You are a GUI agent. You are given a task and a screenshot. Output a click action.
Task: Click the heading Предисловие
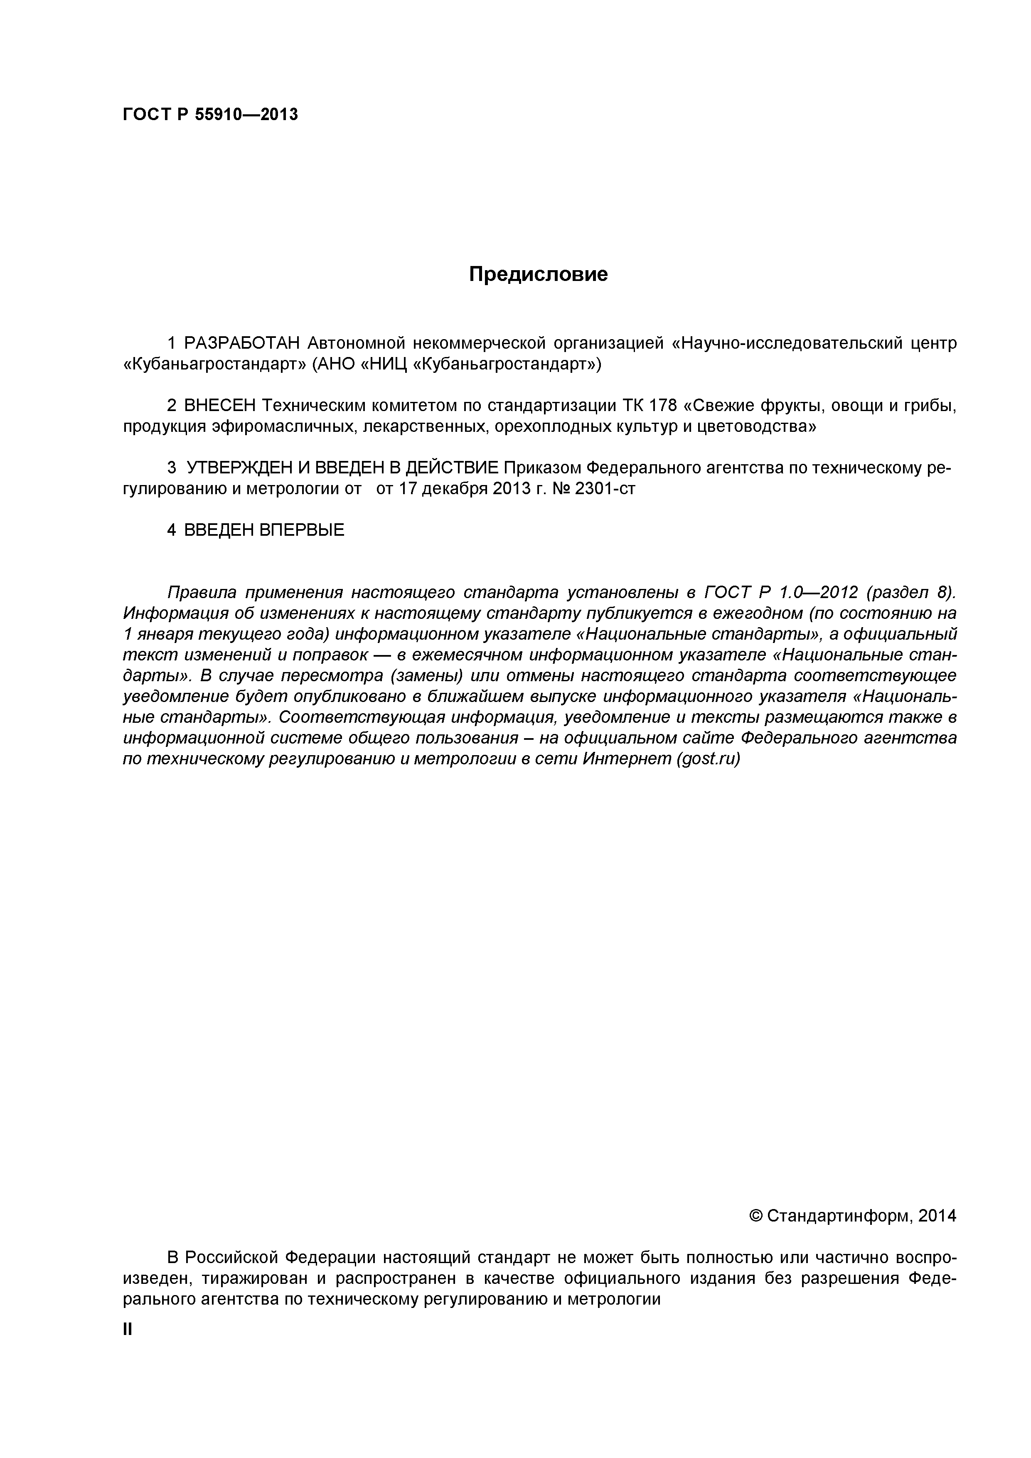[x=538, y=274]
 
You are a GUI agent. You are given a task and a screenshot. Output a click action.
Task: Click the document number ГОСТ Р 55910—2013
[x=210, y=115]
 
